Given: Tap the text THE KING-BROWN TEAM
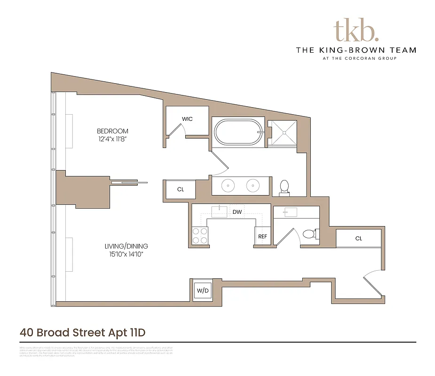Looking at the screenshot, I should click(356, 50).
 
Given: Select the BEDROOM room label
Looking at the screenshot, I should click(112, 131).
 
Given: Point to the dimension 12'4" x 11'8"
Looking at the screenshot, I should click(112, 139).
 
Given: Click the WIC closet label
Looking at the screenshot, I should click(187, 119).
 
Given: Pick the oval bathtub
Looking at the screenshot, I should click(238, 133).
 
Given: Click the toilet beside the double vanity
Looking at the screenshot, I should click(284, 188).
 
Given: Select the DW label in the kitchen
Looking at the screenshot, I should click(237, 212).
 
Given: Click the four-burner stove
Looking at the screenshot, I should click(200, 235).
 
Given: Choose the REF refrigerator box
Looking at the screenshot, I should click(262, 236).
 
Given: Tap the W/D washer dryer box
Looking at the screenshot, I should click(203, 291).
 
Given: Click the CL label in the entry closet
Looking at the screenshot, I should click(358, 238).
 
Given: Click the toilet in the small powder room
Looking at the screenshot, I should click(308, 234).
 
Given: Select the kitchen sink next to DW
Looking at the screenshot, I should click(219, 211).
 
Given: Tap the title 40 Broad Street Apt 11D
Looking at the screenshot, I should click(83, 332).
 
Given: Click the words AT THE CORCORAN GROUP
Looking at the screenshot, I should click(356, 58).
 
